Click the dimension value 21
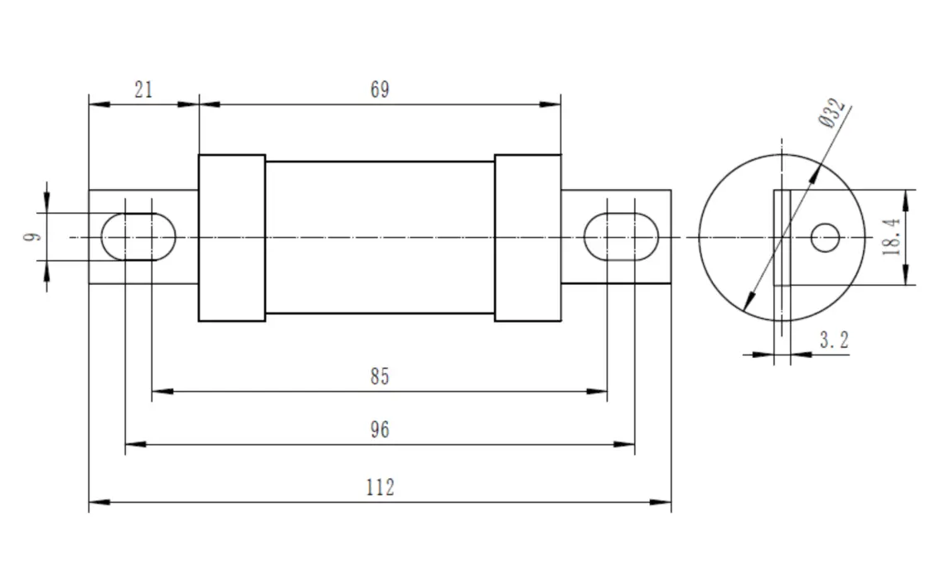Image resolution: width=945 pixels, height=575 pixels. tap(143, 89)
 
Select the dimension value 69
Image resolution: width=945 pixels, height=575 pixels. tap(380, 89)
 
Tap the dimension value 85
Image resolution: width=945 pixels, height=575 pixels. tap(380, 377)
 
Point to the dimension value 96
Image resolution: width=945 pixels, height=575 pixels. tap(380, 430)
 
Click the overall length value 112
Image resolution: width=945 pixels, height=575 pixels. tap(380, 487)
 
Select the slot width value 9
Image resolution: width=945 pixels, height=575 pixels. tap(32, 237)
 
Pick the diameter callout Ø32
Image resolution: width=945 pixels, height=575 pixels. tap(831, 113)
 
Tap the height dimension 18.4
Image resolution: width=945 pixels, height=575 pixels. tap(892, 238)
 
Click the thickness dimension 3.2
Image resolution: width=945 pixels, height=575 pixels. tap(834, 340)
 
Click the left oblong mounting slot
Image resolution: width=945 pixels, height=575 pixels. tap(138, 237)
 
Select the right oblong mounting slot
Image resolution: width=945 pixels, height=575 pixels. tap(622, 237)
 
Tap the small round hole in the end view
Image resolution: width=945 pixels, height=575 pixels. tap(825, 238)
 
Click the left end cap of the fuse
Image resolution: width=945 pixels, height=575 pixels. tap(232, 238)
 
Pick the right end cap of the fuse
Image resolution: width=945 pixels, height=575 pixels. tap(527, 238)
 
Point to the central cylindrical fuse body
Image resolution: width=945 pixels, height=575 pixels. tap(380, 238)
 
